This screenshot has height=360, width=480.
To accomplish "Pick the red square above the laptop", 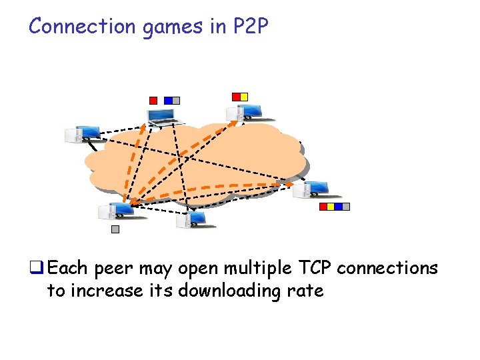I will (153, 101).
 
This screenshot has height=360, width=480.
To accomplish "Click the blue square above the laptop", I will (168, 101).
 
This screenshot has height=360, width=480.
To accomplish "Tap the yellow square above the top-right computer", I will (244, 97).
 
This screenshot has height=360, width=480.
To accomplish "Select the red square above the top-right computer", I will (236, 97).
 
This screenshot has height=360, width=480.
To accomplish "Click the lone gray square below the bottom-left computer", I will (115, 229).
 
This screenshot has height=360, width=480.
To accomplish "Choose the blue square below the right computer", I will (338, 207).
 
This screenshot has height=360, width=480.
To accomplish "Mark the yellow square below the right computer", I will (331, 207).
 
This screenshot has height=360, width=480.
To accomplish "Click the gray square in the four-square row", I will (345, 207).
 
